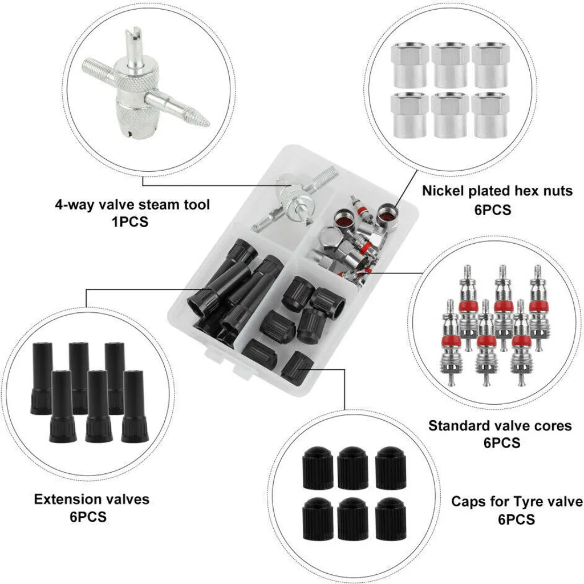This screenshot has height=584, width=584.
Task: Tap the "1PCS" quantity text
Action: [130, 222]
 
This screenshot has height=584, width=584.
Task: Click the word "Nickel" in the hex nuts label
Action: [443, 191]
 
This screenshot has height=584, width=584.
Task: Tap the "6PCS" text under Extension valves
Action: [88, 517]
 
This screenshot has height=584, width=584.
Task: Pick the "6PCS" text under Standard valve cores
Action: [502, 442]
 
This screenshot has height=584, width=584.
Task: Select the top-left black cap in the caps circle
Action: [318, 468]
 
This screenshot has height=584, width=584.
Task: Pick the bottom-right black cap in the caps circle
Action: [390, 518]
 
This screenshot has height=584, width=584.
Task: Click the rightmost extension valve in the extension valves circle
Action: [135, 406]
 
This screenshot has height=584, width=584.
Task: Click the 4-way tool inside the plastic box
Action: [294, 199]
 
